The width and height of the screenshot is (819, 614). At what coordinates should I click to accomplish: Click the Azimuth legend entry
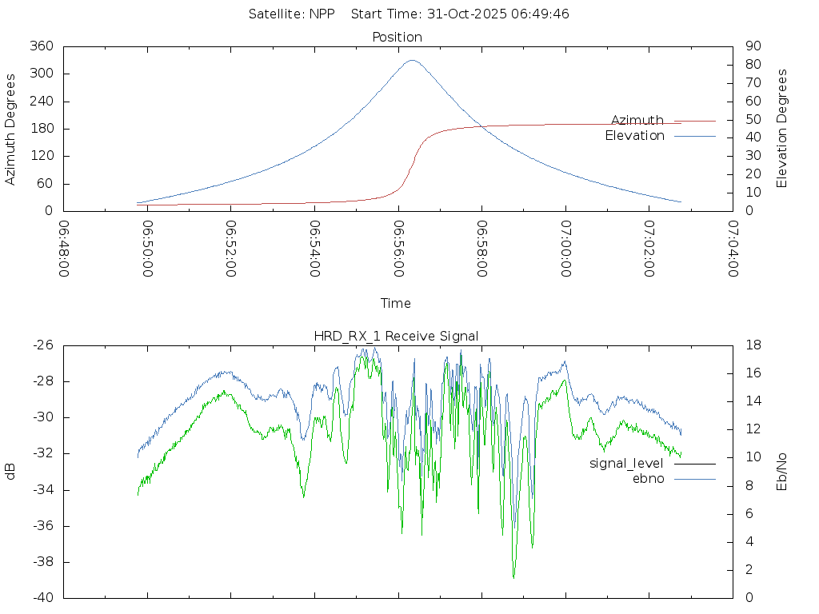pyautogui.click(x=637, y=120)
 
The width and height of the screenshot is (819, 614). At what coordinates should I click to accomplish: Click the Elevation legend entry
pyautogui.click(x=634, y=136)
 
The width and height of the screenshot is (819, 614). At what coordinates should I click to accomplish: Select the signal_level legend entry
pyautogui.click(x=626, y=463)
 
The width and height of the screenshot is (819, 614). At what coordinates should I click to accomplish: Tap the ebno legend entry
pyautogui.click(x=648, y=478)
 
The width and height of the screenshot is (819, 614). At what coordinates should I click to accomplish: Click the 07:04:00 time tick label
pyautogui.click(x=733, y=249)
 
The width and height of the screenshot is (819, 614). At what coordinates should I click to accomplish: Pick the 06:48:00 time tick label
pyautogui.click(x=64, y=249)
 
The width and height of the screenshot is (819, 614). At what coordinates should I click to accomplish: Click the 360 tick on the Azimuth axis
pyautogui.click(x=42, y=46)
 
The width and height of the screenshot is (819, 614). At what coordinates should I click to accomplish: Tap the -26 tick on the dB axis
pyautogui.click(x=43, y=345)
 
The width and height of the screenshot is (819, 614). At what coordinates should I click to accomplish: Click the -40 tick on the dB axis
pyautogui.click(x=43, y=598)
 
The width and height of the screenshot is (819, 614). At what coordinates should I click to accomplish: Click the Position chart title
pyautogui.click(x=398, y=37)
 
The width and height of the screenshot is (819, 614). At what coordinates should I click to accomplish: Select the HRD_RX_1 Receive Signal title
pyautogui.click(x=397, y=336)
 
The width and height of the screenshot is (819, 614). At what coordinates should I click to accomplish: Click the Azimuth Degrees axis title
pyautogui.click(x=11, y=129)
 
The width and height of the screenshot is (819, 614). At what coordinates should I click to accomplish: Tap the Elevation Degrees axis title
pyautogui.click(x=782, y=129)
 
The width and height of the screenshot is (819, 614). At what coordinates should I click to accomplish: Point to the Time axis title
pyautogui.click(x=396, y=303)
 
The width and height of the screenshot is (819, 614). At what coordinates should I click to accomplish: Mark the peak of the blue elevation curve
pyautogui.click(x=412, y=60)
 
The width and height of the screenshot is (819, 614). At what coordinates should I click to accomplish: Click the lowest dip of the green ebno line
pyautogui.click(x=513, y=577)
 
